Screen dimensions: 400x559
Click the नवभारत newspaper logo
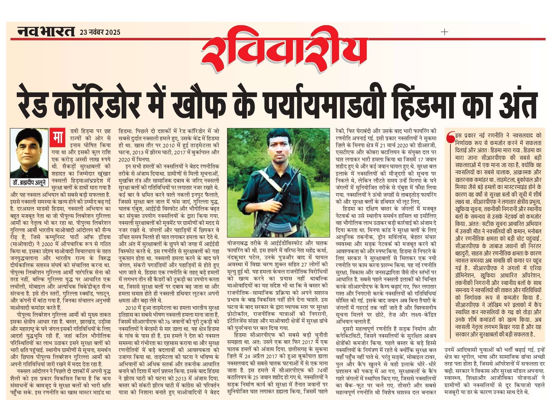pos(46,31)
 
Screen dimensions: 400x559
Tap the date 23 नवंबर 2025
pos(100,32)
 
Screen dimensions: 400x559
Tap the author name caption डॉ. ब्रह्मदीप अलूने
pos(29,182)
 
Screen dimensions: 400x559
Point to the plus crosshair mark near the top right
pos(444,32)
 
